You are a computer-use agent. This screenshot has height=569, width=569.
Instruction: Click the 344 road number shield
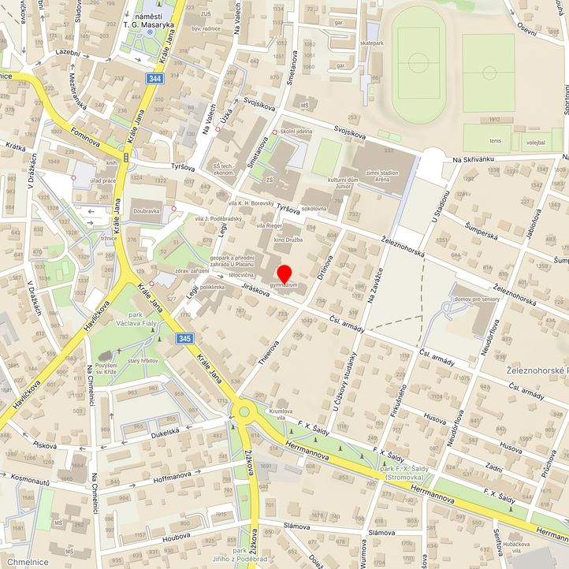point(155,79)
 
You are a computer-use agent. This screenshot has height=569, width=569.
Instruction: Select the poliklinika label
point(213,288)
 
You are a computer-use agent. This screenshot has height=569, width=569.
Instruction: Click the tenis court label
point(494,142)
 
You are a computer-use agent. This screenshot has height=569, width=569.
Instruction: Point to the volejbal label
point(535,143)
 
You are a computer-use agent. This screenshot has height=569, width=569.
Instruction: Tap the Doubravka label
point(147,211)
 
